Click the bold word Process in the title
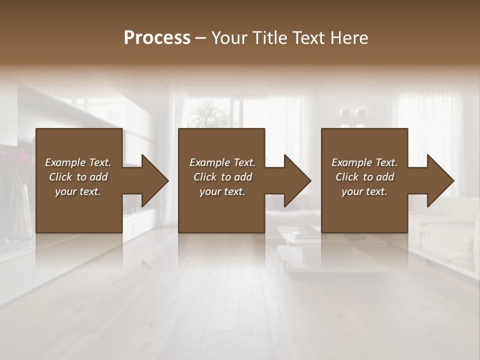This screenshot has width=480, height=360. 157,38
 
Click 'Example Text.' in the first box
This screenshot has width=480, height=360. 78,162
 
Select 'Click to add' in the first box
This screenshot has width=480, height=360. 78,177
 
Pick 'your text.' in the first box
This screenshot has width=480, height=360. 78,191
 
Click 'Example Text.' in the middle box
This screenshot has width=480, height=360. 222,162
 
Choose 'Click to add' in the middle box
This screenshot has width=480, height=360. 222,177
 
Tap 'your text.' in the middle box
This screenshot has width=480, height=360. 222,191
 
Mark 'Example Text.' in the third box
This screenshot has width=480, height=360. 364,162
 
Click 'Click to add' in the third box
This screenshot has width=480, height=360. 364,177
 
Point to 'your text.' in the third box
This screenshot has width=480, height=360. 364,191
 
